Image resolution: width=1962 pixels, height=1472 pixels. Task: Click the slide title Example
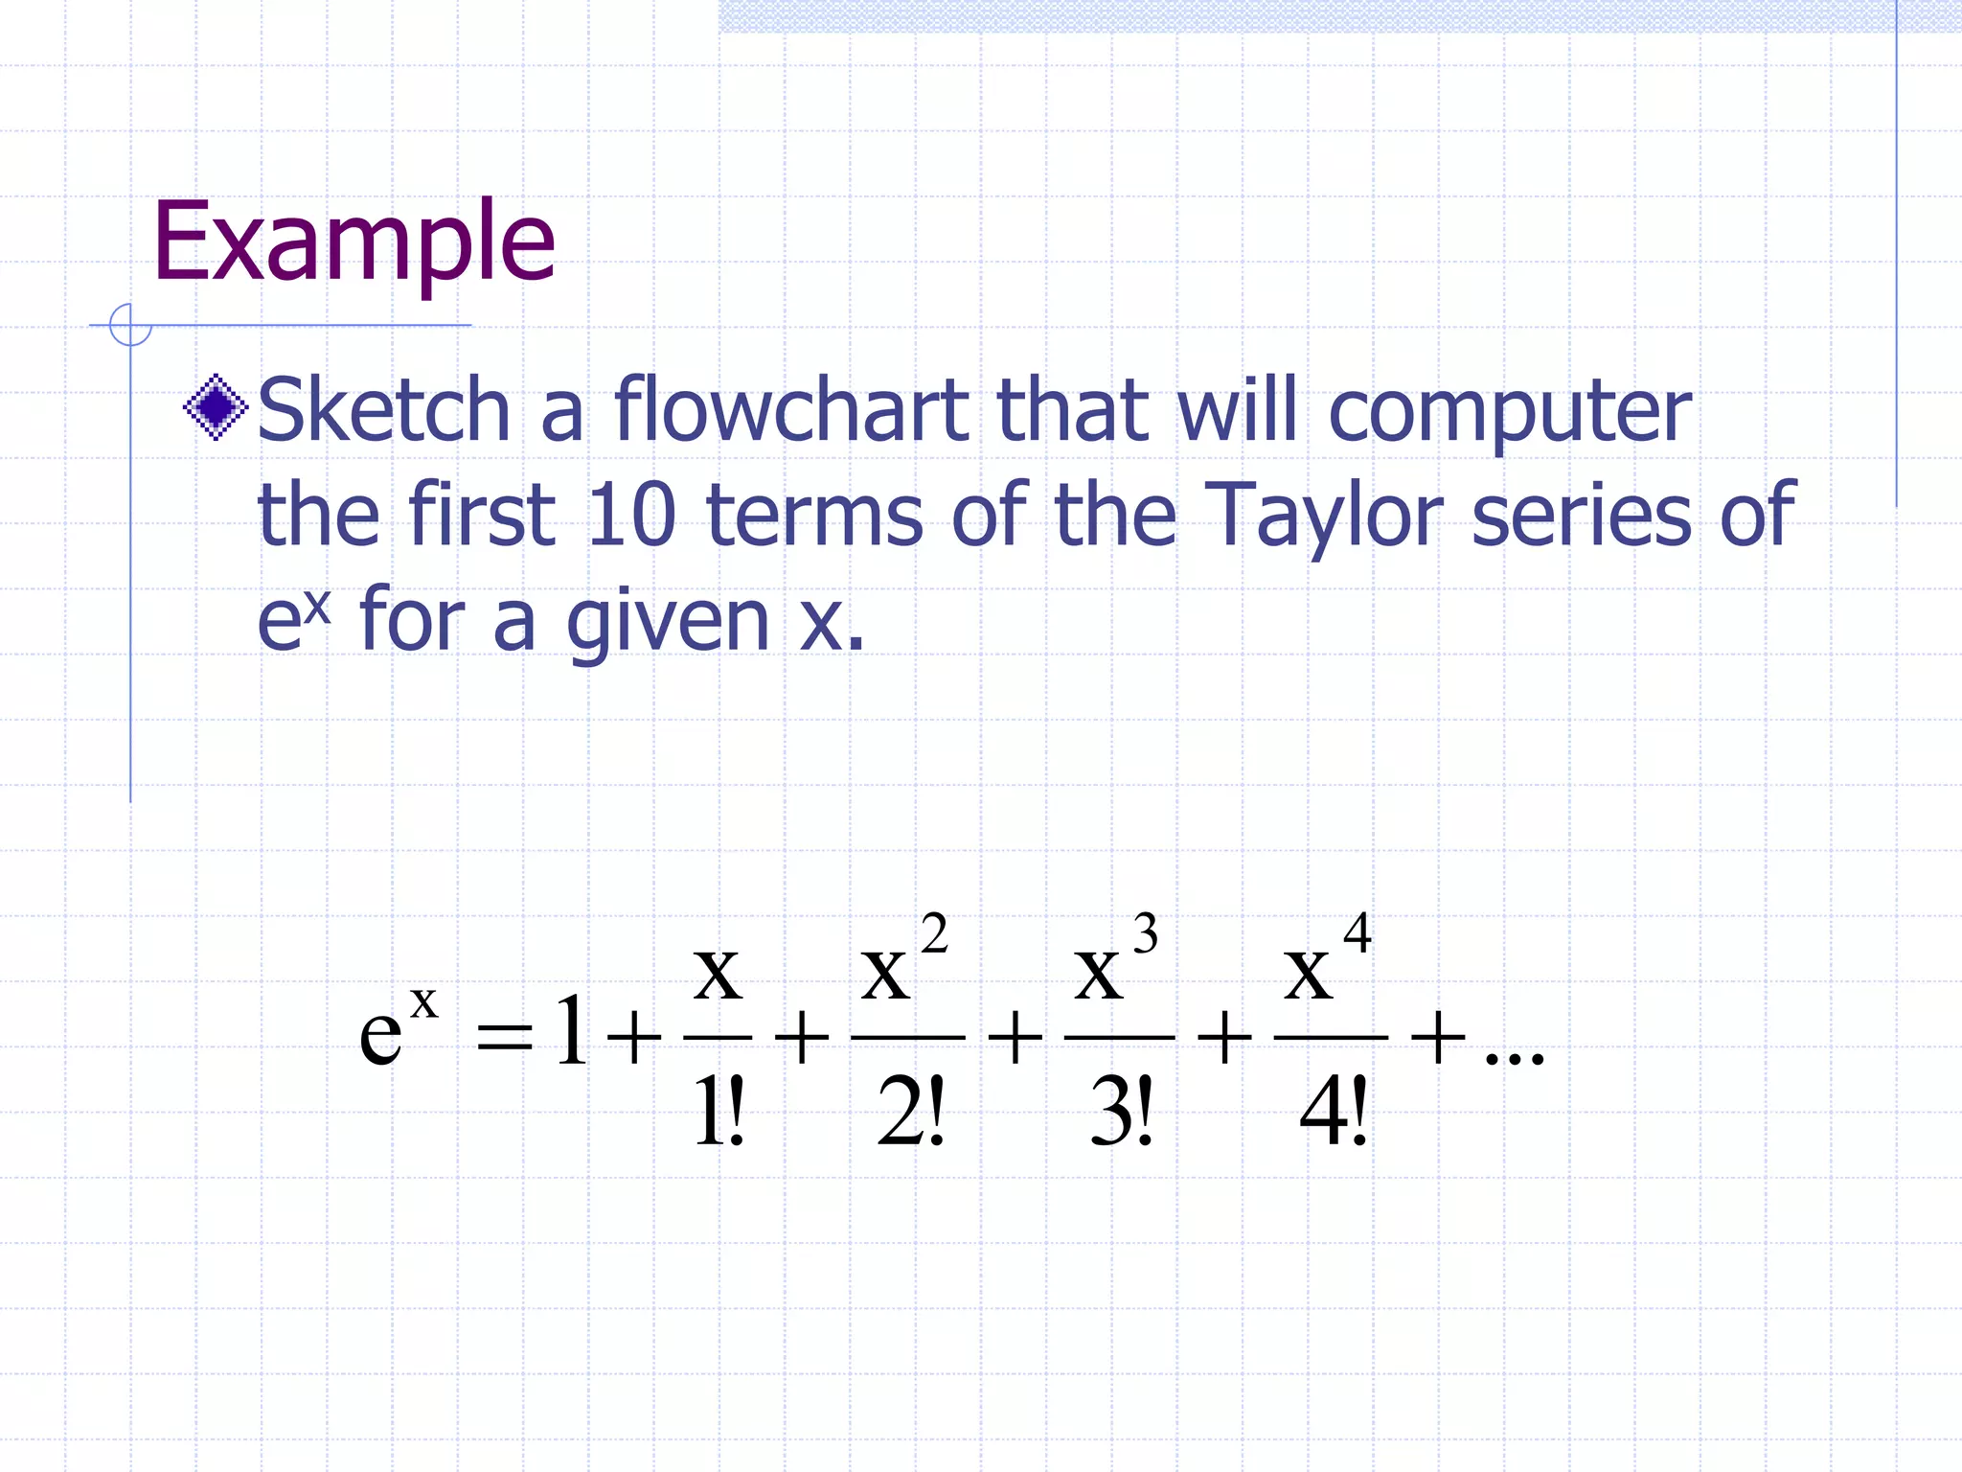click(354, 241)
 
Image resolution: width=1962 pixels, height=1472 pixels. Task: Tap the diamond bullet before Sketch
click(216, 407)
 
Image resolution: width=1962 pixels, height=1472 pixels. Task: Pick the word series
click(1582, 515)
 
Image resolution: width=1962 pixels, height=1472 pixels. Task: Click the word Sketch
click(383, 410)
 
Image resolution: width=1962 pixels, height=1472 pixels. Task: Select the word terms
click(814, 515)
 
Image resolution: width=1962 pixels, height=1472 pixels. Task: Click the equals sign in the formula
click(504, 1037)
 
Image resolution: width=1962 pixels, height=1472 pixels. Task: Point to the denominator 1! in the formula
click(719, 1112)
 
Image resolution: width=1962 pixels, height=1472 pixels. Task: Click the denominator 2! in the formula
click(910, 1112)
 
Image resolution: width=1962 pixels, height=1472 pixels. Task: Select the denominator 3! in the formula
click(1122, 1112)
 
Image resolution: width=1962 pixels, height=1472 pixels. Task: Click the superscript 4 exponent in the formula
click(1357, 932)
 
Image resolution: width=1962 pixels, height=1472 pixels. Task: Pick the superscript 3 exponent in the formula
click(1145, 933)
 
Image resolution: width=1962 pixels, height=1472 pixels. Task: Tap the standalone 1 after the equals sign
click(571, 1031)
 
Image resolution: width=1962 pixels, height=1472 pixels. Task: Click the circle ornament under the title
click(130, 324)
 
